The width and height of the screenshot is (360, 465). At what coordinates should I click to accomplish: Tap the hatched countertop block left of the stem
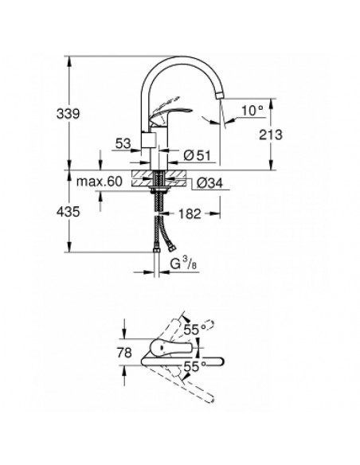tap(143, 178)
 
